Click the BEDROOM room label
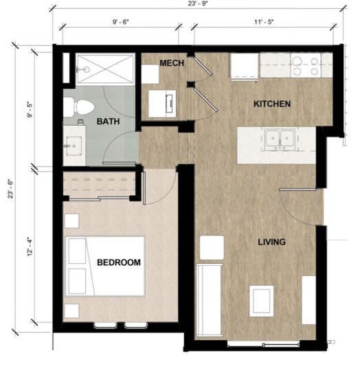coord(119,262)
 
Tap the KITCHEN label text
coord(272,104)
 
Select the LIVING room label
coord(271,243)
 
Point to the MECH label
coord(171,63)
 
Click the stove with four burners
coord(306,66)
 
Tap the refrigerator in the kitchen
coord(244,65)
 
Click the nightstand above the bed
coord(72,221)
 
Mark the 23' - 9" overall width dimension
coord(201,5)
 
